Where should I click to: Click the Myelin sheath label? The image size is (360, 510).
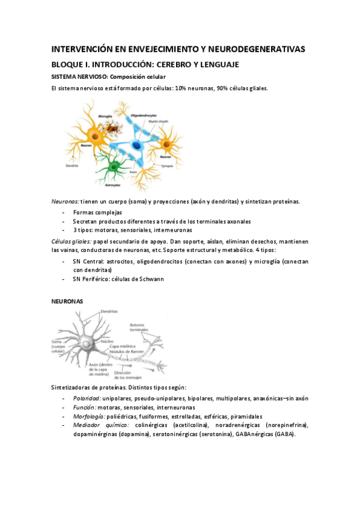(159, 120)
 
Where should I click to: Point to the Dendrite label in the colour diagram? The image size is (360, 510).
(73, 165)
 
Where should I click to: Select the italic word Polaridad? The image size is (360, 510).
(87, 398)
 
